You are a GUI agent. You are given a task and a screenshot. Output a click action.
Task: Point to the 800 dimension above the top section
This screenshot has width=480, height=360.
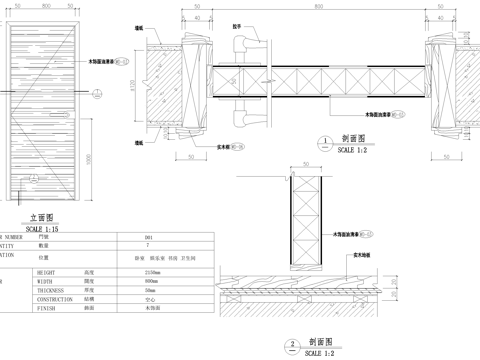point(318,7)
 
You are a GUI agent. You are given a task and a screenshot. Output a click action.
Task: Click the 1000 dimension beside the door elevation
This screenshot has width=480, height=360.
point(88,157)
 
